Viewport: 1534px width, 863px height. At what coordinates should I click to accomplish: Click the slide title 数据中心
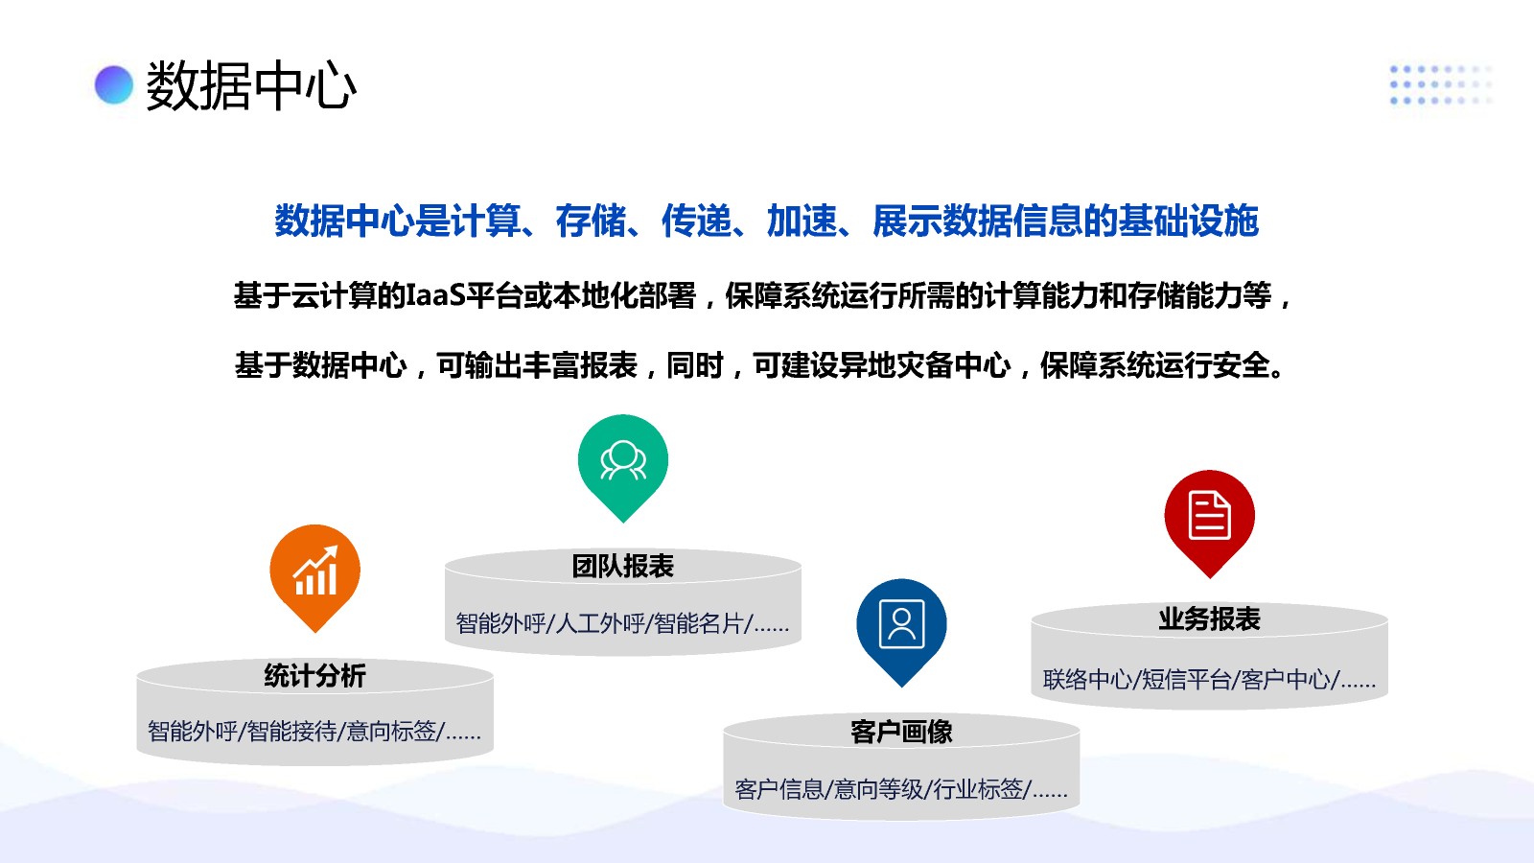pyautogui.click(x=251, y=86)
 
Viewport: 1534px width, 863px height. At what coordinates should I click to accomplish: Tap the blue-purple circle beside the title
pyautogui.click(x=114, y=85)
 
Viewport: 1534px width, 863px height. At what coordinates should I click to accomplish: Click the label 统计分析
pyautogui.click(x=315, y=676)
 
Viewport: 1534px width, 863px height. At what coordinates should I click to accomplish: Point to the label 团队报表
pyautogui.click(x=623, y=567)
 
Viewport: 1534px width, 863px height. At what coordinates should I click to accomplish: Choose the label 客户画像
pyautogui.click(x=901, y=732)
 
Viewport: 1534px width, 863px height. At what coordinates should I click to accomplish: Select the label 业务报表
pyautogui.click(x=1209, y=619)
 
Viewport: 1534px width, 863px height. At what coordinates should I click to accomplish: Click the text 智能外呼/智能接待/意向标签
pyautogui.click(x=296, y=732)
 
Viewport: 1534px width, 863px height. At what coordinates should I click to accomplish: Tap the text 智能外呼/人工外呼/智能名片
pyautogui.click(x=604, y=623)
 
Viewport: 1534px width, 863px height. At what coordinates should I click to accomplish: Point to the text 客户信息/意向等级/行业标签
pyautogui.click(x=882, y=790)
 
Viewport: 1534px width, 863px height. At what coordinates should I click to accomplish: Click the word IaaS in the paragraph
pyautogui.click(x=436, y=296)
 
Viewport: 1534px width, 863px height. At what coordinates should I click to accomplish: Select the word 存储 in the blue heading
pyautogui.click(x=591, y=221)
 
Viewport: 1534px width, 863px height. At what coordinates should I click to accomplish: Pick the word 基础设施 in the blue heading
pyautogui.click(x=1189, y=221)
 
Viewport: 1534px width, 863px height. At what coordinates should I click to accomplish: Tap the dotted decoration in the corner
pyautogui.click(x=1441, y=85)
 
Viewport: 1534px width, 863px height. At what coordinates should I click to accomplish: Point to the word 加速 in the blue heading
pyautogui.click(x=802, y=221)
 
